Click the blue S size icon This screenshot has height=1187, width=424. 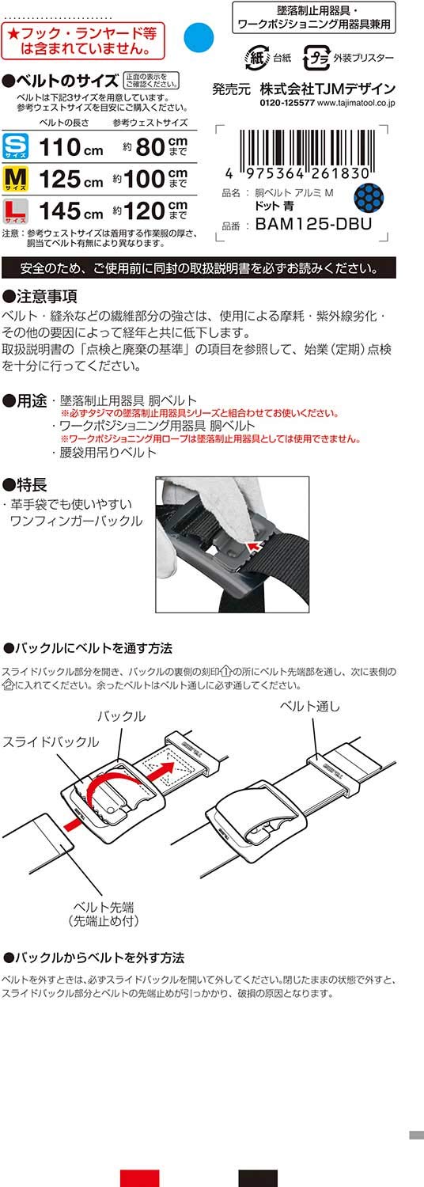[15, 146]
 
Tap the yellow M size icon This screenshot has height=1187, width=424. [15, 179]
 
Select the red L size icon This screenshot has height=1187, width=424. [15, 211]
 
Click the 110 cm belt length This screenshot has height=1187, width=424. [70, 147]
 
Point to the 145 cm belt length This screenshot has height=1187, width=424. [70, 211]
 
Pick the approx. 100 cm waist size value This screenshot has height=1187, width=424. [150, 179]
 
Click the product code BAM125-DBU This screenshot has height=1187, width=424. [313, 224]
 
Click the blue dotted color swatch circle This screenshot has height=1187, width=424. [369, 195]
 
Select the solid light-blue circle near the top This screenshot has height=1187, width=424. [199, 38]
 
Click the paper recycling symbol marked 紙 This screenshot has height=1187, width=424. [257, 58]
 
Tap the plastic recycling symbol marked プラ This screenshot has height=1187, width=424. [316, 58]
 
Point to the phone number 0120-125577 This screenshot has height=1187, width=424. [287, 104]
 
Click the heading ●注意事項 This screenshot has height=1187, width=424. [40, 296]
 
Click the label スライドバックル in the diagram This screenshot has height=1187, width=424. [51, 741]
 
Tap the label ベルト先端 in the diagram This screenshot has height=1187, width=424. [104, 907]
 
